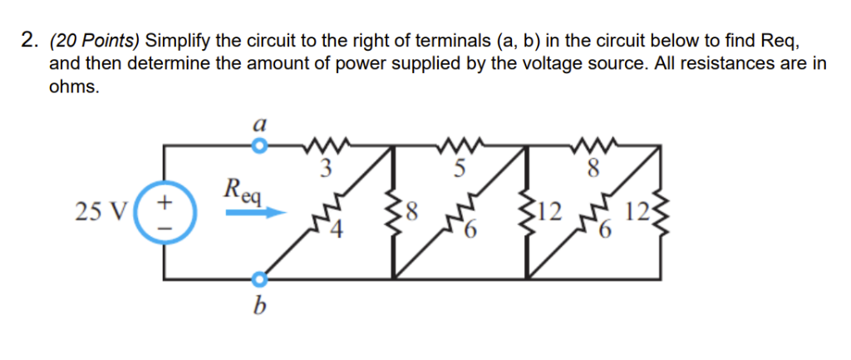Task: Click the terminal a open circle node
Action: coord(260,146)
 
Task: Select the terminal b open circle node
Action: coord(260,279)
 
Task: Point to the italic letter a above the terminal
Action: coord(260,126)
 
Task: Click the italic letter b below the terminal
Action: coord(260,308)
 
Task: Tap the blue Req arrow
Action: coord(256,214)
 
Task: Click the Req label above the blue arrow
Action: coord(243,191)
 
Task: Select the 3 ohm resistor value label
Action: coord(325,170)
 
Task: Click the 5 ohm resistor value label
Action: coord(460,169)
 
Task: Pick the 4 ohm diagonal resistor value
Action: coord(337,231)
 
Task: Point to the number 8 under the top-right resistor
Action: coord(594,170)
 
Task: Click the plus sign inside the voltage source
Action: coord(165,202)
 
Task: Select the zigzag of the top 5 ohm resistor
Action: coord(462,145)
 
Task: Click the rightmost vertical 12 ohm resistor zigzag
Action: coord(661,212)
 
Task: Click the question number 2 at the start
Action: coord(28,40)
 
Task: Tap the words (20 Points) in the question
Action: coord(95,41)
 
